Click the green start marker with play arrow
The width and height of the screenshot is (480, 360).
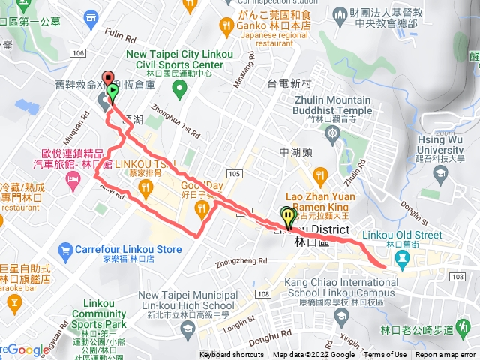[x=112, y=92]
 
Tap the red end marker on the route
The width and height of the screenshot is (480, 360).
[x=107, y=78]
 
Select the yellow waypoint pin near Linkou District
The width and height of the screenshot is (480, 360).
[x=288, y=217]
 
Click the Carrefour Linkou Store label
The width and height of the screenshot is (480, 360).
[x=128, y=249]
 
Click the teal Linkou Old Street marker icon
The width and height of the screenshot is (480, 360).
[x=402, y=257]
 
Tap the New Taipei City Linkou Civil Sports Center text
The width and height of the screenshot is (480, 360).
[x=175, y=59]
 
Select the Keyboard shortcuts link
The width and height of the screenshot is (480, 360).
[x=232, y=355]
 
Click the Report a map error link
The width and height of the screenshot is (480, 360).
[x=446, y=355]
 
